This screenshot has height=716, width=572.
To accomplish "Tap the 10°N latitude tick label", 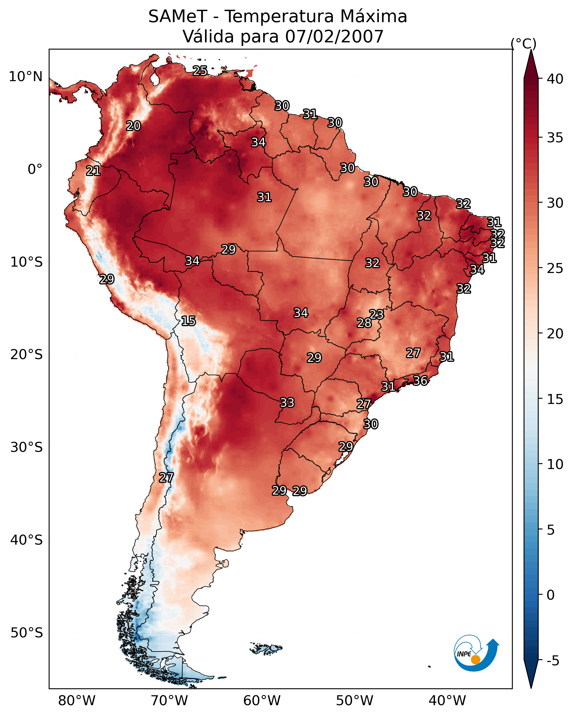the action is click(25, 77).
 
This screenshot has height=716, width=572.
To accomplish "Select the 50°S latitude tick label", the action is click(27, 633).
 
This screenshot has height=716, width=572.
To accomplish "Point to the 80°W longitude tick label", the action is click(77, 700).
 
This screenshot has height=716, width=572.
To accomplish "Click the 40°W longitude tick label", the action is click(447, 700).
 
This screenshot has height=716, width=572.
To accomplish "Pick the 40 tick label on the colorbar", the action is click(555, 79).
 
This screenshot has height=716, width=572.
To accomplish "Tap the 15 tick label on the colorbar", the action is click(555, 399).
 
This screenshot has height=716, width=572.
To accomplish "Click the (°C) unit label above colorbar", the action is click(524, 44).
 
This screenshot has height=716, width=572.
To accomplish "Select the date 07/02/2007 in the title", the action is click(334, 37).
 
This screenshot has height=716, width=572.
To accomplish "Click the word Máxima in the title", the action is click(373, 16).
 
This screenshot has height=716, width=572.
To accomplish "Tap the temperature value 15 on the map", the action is click(188, 321).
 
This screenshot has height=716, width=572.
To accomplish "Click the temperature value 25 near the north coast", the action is click(200, 71).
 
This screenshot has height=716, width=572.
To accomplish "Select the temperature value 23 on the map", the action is click(376, 314).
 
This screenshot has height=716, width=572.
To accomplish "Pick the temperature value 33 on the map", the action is click(287, 403).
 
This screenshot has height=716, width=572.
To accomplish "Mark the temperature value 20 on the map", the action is click(133, 126).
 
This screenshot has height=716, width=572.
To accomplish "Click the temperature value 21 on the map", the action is click(93, 171).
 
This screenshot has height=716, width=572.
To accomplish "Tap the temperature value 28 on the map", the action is click(364, 323).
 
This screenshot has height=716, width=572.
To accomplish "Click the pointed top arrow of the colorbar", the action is click(531, 50).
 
